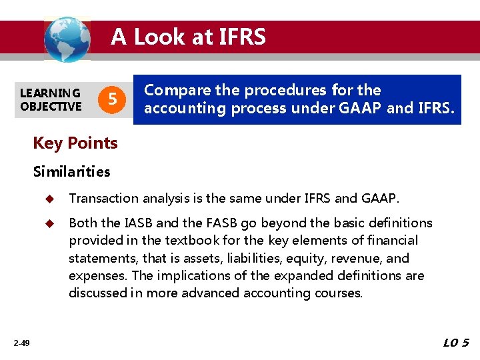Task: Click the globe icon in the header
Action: (x=67, y=39)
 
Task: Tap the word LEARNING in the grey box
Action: (x=50, y=93)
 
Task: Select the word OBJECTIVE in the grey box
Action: (x=51, y=106)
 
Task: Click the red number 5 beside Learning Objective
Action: (x=113, y=100)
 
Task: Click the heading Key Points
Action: (x=75, y=143)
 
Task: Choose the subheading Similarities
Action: (x=72, y=171)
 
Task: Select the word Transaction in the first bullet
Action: (x=103, y=198)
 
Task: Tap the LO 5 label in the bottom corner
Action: (x=456, y=343)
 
